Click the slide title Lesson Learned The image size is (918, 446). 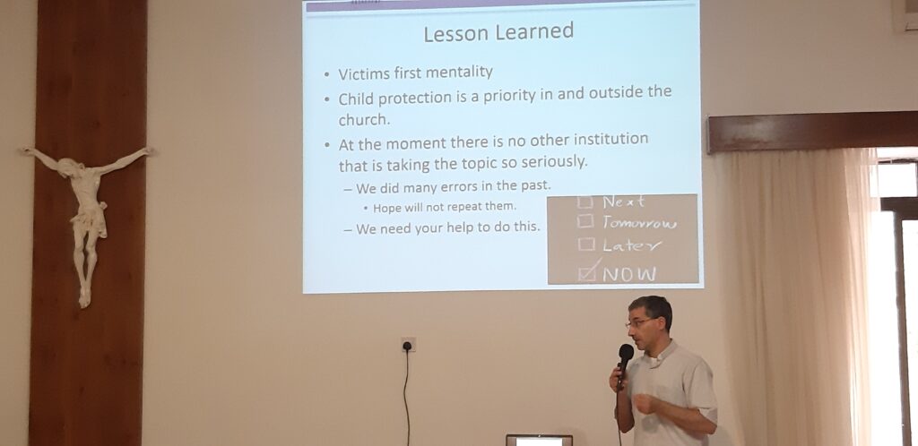coord(498,33)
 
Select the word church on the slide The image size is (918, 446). coord(364,119)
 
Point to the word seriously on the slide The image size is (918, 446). coord(553,162)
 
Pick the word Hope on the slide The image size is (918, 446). coord(385,208)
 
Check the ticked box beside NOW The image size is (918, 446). coord(587,272)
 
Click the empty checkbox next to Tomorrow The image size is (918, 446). coord(585,222)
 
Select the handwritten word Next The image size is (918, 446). coord(623,202)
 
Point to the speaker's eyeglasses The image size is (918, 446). coord(641,322)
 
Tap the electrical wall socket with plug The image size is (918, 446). coord(408,345)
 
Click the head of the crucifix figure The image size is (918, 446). coord(70,167)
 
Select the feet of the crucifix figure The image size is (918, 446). coord(85,296)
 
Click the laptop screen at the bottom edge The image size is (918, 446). coord(539,440)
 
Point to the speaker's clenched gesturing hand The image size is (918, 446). coord(643,403)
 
